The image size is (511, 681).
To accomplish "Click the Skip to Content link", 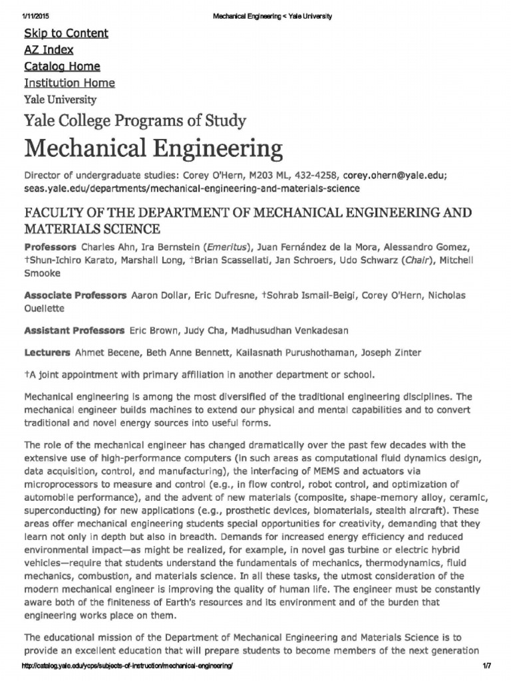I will (66, 33).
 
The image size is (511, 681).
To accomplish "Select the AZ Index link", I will (49, 50).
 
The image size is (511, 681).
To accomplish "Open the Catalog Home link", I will (62, 67).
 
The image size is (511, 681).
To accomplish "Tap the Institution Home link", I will (69, 83).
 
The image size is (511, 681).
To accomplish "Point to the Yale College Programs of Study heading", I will (135, 121).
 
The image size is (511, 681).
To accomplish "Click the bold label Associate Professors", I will (75, 295).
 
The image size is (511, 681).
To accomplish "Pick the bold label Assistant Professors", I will (74, 331).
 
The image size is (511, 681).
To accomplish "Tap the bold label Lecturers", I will (47, 352).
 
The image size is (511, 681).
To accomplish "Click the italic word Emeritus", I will (226, 248).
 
